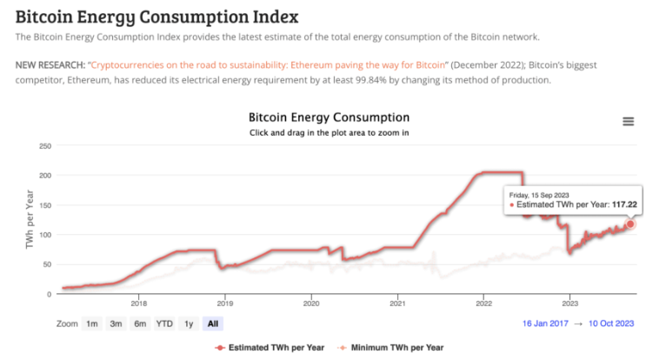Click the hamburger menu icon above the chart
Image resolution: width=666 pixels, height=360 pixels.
tap(628, 122)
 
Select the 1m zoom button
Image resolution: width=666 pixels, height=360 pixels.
tap(91, 323)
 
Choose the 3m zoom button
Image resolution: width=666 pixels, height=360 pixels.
tap(116, 323)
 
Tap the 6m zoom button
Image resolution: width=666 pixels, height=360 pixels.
tap(140, 323)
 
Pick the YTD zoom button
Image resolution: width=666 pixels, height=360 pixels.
tap(164, 323)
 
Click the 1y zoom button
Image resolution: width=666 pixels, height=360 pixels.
tap(188, 323)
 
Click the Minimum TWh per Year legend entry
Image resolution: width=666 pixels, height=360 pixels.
tap(396, 348)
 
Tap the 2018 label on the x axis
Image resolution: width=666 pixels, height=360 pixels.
tap(138, 303)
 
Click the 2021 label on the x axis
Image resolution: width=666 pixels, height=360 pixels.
tap(398, 303)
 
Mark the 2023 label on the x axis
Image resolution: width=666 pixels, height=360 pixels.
tap(570, 303)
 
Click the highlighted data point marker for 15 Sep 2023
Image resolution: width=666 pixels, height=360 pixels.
tap(630, 224)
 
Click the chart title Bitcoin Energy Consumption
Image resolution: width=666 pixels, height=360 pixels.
tap(329, 117)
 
